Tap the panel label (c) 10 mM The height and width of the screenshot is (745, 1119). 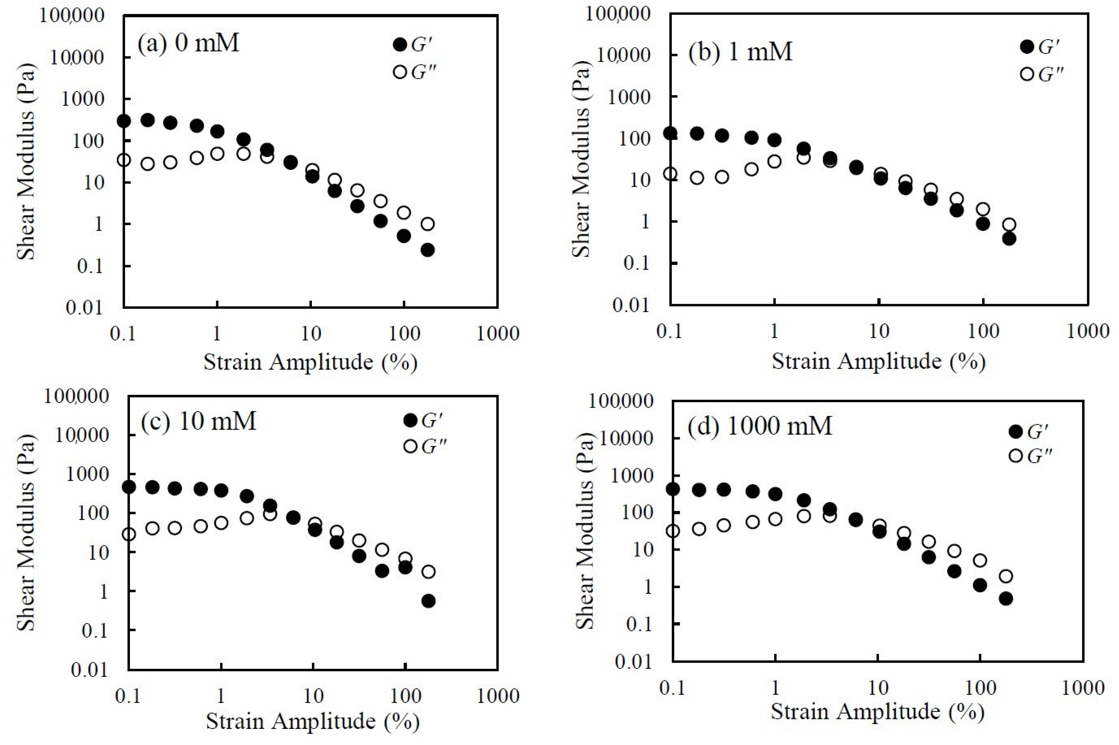pos(199,420)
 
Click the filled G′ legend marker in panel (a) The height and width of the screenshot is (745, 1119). pos(400,45)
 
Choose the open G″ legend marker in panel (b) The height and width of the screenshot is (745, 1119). pos(1027,74)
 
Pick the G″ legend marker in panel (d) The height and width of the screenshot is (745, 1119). pos(1016,456)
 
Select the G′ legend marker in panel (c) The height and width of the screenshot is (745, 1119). pos(410,420)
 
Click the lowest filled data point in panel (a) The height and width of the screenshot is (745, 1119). pos(428,250)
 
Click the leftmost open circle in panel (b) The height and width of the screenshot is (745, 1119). pos(671,174)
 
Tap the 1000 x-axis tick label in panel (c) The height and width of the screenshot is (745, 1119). pos(498,696)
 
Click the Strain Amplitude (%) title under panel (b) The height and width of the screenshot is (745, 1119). pos(878,362)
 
